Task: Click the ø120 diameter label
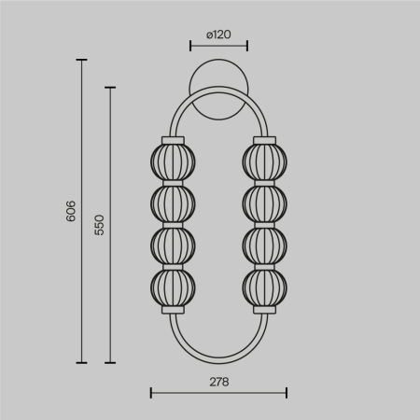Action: pos(217,35)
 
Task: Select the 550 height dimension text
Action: pos(100,225)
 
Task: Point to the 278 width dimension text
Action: pos(217,381)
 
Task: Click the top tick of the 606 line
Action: pos(81,61)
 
